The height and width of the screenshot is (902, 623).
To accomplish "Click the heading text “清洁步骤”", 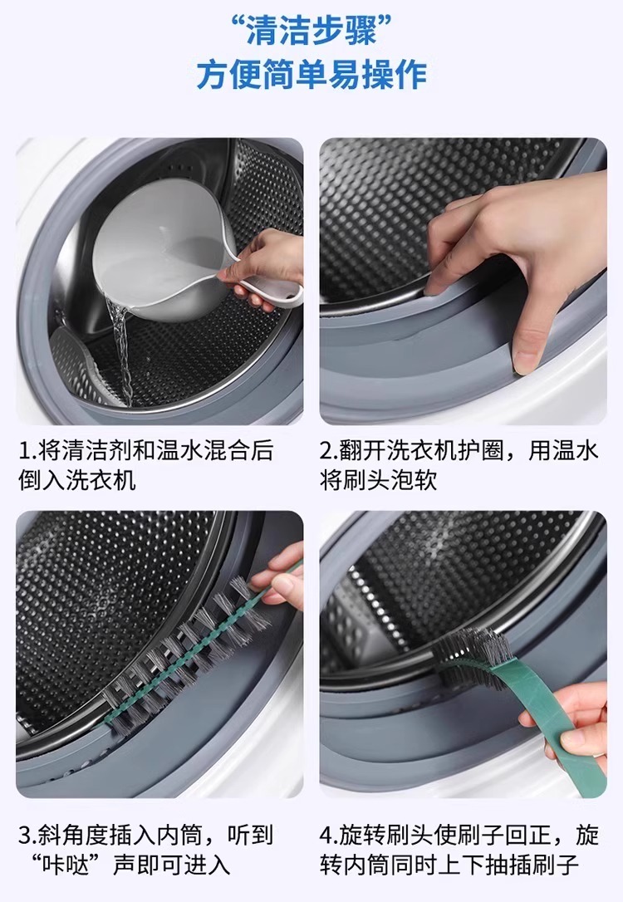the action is pyautogui.click(x=311, y=31).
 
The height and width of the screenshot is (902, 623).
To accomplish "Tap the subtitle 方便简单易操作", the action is pyautogui.click(x=311, y=75).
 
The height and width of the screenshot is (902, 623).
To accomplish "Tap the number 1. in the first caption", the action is pyautogui.click(x=27, y=451).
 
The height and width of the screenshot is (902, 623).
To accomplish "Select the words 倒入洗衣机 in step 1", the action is pyautogui.click(x=77, y=480).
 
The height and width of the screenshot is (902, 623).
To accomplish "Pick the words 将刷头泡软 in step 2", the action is pyautogui.click(x=379, y=480).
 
